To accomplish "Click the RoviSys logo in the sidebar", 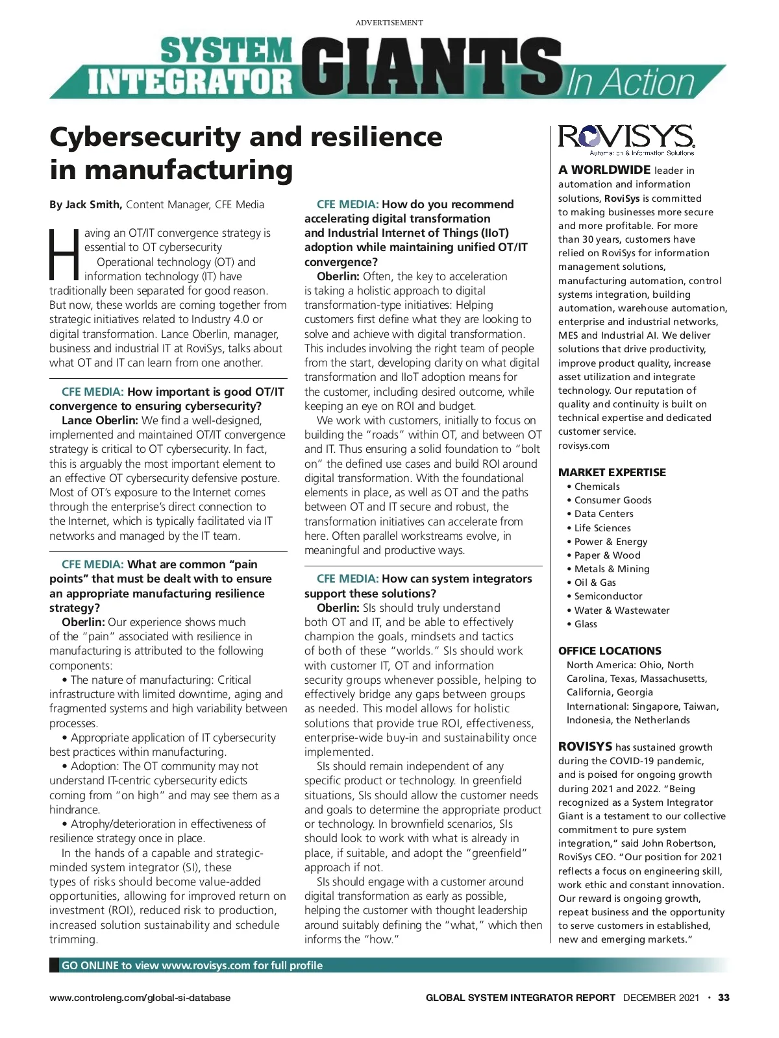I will [626, 139].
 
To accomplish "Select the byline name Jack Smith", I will [93, 205].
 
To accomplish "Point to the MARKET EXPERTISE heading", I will [612, 472].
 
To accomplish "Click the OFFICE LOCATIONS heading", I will [610, 651].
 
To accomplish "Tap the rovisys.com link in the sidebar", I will [584, 446].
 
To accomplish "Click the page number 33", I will [724, 998].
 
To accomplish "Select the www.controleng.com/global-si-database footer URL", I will [140, 998].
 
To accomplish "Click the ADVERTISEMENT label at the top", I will [389, 23].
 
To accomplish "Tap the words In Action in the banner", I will [631, 82].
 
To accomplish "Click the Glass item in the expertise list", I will [585, 623].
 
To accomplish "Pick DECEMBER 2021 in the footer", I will [661, 998].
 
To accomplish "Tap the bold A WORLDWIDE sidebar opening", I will [604, 170].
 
